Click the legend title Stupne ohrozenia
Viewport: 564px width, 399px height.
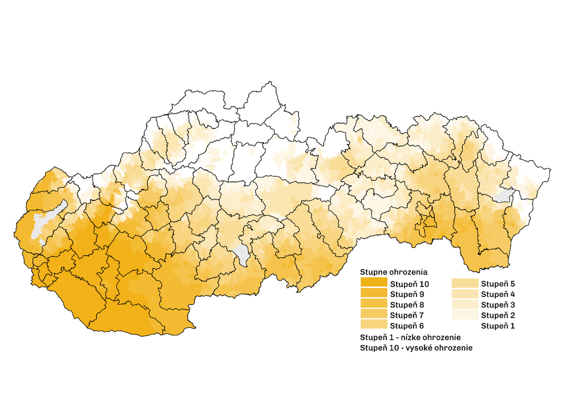point(393,272)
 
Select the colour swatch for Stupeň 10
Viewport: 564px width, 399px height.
point(373,283)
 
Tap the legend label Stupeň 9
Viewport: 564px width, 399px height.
point(406,294)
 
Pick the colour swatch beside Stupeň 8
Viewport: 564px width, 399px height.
point(373,305)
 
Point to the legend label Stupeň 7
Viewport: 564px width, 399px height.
point(406,315)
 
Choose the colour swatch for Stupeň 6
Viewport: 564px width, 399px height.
point(373,326)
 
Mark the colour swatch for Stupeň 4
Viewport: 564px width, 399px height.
point(464,294)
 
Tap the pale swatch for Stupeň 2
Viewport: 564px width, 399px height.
point(464,315)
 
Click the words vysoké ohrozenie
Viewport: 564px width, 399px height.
point(445,348)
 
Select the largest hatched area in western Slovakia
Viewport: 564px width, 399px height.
point(47,220)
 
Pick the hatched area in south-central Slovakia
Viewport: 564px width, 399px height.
point(242,254)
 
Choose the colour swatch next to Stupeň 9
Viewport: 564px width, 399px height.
point(373,294)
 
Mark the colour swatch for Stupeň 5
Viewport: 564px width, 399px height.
point(464,284)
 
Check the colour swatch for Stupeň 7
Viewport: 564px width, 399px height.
point(373,315)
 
